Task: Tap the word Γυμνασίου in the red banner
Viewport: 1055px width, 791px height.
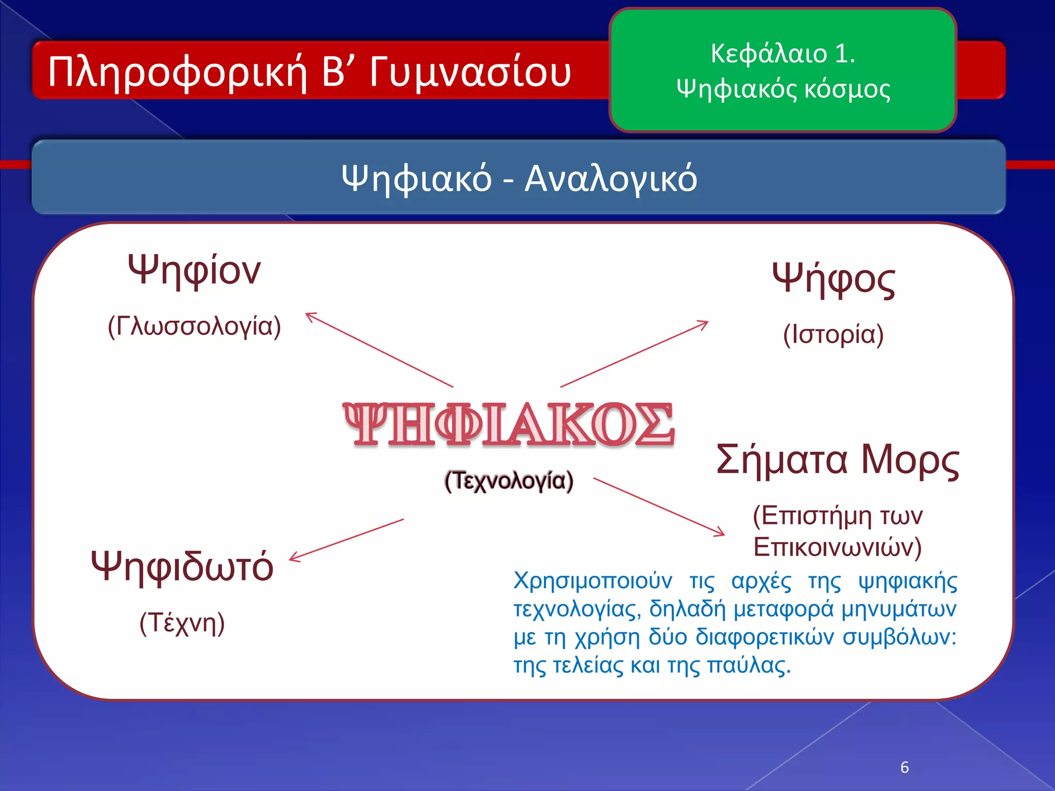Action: (x=470, y=72)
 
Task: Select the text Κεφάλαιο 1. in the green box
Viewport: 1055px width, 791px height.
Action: (x=782, y=54)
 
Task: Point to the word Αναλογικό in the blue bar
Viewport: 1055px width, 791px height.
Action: (x=610, y=179)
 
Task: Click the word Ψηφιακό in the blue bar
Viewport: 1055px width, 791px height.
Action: (x=416, y=179)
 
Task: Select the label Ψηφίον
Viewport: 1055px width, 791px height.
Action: (x=194, y=271)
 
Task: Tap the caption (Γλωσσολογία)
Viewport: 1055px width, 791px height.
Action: (x=194, y=326)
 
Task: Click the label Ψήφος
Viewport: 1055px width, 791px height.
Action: (x=833, y=280)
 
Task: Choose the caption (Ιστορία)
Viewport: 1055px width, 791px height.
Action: (x=833, y=335)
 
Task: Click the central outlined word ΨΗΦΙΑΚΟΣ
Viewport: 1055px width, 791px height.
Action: (x=508, y=424)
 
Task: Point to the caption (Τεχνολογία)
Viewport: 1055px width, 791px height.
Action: (x=508, y=481)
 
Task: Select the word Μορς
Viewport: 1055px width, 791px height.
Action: (x=910, y=460)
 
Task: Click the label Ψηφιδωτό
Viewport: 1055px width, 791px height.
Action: (x=182, y=566)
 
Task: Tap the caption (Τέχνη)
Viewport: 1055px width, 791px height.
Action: (x=182, y=623)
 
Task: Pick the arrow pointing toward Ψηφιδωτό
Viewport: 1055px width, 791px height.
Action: (x=346, y=540)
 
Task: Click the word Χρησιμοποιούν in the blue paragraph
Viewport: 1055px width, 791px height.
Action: (x=592, y=581)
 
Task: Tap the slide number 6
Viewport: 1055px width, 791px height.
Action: (x=905, y=767)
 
